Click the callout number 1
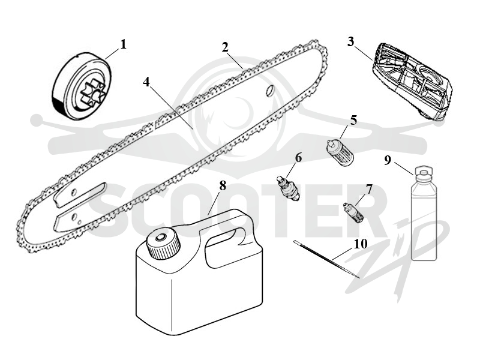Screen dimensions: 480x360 pyautogui.click(x=123, y=44)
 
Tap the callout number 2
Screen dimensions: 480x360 pyautogui.click(x=225, y=47)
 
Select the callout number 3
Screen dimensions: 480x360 pyautogui.click(x=351, y=41)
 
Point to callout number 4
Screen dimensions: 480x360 pyautogui.click(x=146, y=82)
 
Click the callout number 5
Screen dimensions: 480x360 pyautogui.click(x=353, y=121)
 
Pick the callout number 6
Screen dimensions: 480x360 pyautogui.click(x=298, y=158)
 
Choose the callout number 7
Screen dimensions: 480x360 pyautogui.click(x=369, y=190)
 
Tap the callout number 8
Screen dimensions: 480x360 pyautogui.click(x=223, y=185)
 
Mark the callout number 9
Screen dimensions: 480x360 pyautogui.click(x=388, y=160)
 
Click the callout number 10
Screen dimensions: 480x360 pyautogui.click(x=361, y=244)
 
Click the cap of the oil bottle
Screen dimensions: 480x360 pyautogui.click(x=423, y=173)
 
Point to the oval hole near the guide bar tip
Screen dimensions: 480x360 pyautogui.click(x=270, y=91)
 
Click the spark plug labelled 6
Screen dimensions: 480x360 pyautogui.click(x=288, y=188)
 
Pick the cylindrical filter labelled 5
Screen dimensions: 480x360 pyautogui.click(x=340, y=152)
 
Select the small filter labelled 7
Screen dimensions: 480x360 pyautogui.click(x=353, y=212)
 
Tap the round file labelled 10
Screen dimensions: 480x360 pyautogui.click(x=326, y=259)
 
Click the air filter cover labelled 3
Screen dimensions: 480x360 pyautogui.click(x=412, y=81)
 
